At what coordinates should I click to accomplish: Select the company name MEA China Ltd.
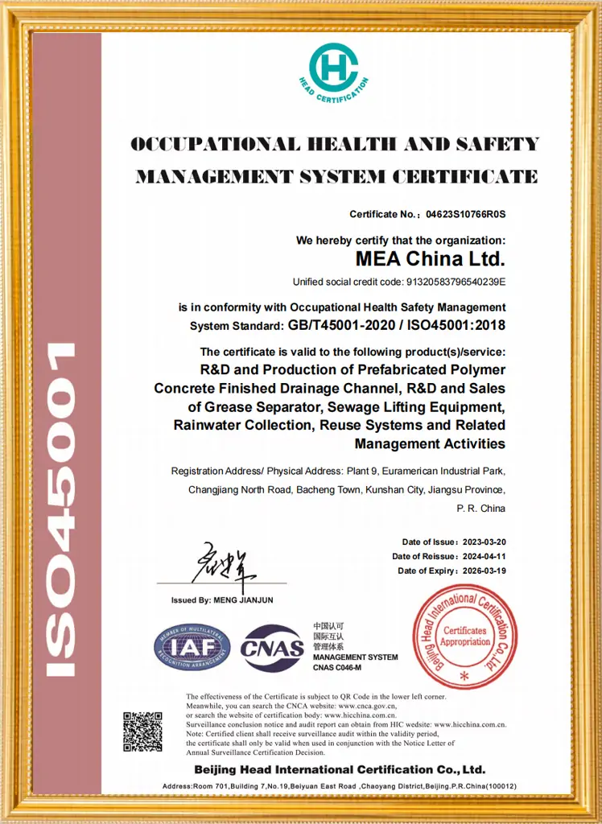[x=431, y=259]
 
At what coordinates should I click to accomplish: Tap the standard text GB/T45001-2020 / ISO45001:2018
[x=397, y=326]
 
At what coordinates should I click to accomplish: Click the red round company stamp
[x=464, y=637]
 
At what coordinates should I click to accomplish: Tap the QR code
[x=142, y=731]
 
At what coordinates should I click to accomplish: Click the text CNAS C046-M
[x=337, y=668]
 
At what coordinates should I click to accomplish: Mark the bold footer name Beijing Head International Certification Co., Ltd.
[x=339, y=769]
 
